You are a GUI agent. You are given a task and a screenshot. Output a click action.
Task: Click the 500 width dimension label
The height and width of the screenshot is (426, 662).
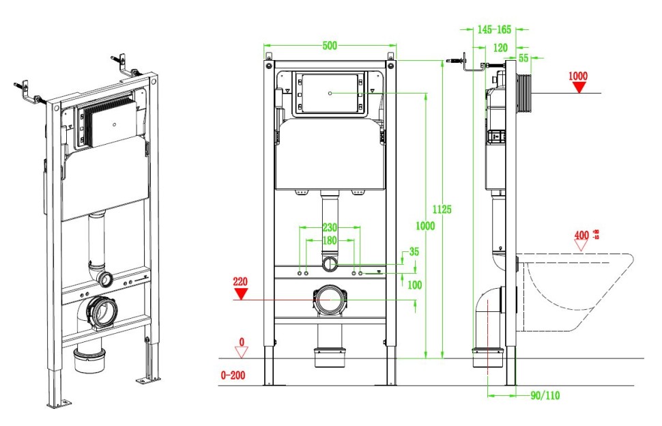[x=330, y=46]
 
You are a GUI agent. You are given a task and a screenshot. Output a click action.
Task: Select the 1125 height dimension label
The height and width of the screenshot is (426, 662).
[x=443, y=209]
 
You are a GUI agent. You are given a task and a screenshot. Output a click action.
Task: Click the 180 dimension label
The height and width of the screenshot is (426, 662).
[x=330, y=240]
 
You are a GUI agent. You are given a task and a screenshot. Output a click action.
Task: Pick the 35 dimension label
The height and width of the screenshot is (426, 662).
[x=414, y=252]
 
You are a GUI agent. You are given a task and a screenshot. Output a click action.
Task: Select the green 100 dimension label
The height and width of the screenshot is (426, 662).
[x=414, y=285]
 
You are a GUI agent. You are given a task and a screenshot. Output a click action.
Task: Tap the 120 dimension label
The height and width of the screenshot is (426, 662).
[x=500, y=48]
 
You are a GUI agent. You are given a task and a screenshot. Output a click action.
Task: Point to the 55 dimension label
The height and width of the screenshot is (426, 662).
[x=523, y=59]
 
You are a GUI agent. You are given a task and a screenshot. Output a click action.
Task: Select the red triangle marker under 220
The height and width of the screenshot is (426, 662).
[x=240, y=294]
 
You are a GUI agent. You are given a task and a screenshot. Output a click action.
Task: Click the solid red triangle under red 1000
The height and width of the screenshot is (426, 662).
[x=579, y=87]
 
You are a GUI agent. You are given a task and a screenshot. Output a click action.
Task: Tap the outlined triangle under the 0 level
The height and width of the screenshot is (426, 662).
[x=240, y=352]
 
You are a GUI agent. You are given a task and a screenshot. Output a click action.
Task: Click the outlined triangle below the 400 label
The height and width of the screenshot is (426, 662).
[x=581, y=245]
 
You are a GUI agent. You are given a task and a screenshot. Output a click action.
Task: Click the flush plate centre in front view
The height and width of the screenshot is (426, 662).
[x=330, y=92]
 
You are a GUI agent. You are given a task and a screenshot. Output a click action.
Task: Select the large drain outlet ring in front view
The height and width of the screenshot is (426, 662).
[x=330, y=300]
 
